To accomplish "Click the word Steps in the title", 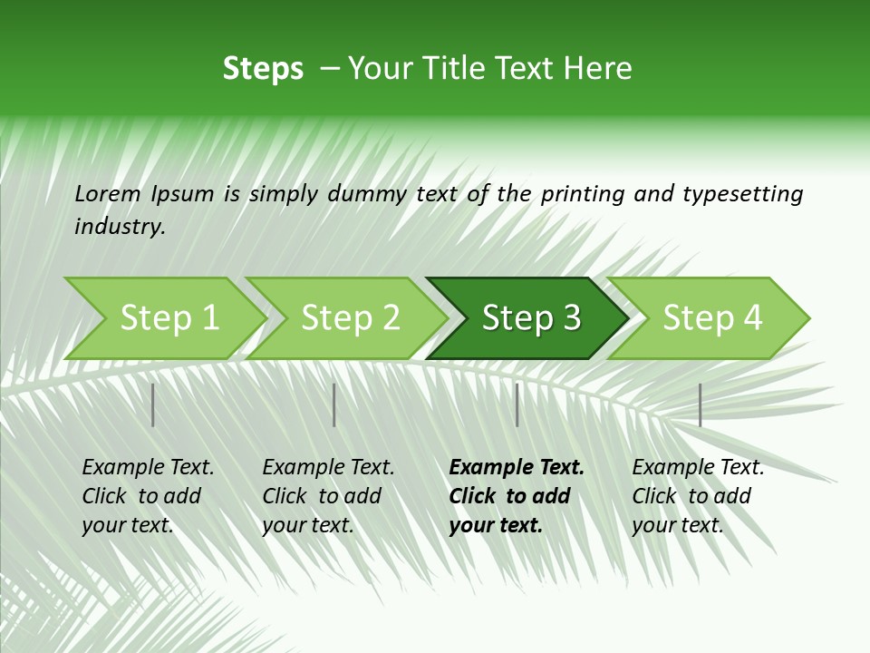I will (x=263, y=69).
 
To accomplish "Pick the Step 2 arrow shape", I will (x=350, y=318).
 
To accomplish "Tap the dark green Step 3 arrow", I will (x=530, y=318).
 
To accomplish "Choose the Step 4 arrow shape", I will (x=711, y=318).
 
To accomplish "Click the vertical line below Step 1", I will (x=153, y=404).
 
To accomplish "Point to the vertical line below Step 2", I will (x=334, y=404).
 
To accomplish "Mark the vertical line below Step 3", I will (x=517, y=404).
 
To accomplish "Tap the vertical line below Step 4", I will (x=700, y=404).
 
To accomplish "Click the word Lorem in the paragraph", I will (x=108, y=193).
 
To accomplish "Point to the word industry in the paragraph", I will (x=120, y=227).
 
